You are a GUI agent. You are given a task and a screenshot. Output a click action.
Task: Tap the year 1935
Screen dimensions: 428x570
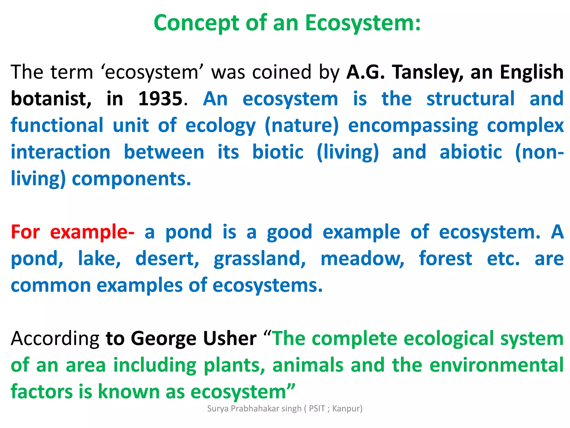click(160, 99)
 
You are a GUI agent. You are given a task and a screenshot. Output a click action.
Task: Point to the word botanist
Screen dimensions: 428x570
click(51, 99)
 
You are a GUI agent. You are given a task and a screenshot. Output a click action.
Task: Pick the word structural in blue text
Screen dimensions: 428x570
click(470, 99)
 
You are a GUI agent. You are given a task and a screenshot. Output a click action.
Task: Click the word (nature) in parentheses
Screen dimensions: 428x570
click(302, 126)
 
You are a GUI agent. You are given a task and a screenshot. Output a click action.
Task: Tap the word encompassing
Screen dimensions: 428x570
click(413, 126)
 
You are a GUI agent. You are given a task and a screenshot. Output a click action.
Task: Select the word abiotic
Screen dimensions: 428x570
click(471, 152)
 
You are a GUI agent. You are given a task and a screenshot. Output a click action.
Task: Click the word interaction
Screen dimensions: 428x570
click(61, 152)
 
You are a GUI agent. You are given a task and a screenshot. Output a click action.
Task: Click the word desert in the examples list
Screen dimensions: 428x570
click(167, 259)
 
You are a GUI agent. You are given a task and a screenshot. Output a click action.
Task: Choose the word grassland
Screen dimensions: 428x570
click(260, 259)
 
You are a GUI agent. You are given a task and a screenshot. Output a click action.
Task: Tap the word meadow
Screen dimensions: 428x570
click(362, 259)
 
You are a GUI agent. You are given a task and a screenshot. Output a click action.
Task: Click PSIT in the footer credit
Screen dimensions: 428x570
click(317, 408)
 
